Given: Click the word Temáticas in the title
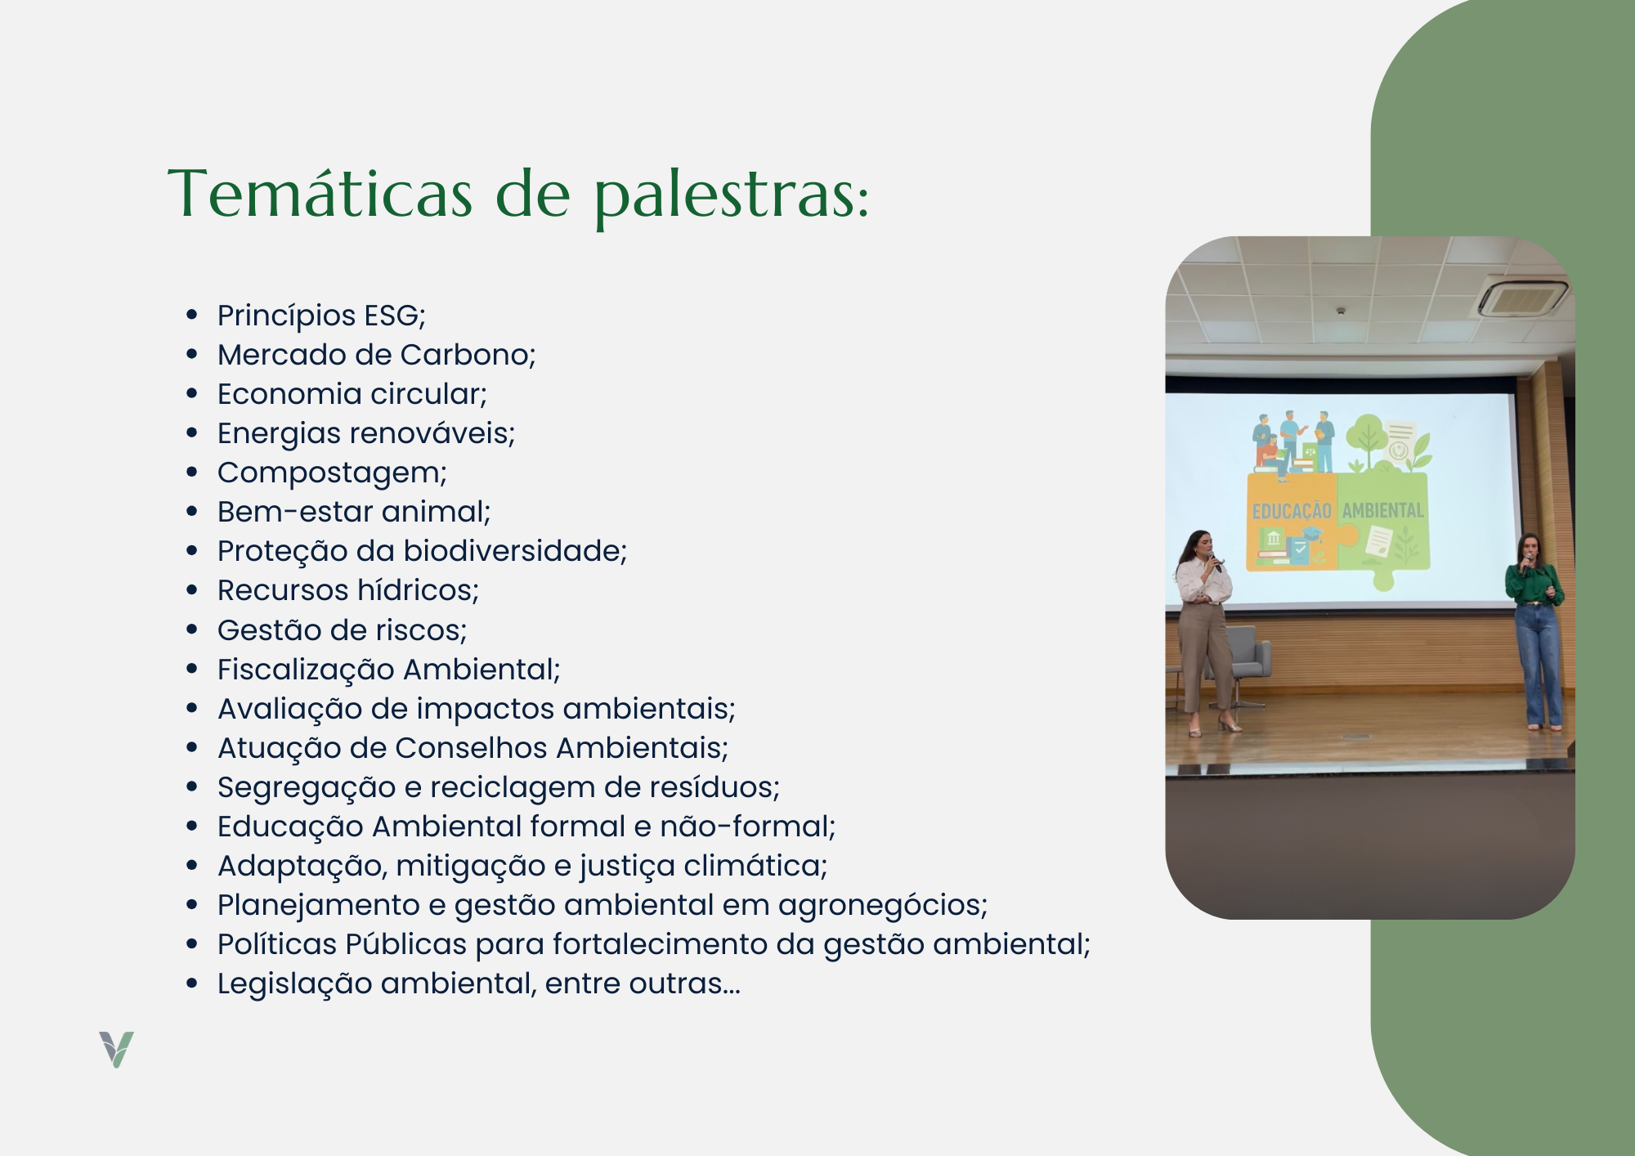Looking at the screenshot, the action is [320, 193].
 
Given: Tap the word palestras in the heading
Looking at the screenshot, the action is [732, 196].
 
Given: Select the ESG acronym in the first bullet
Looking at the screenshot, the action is [395, 316].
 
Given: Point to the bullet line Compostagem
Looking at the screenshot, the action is [332, 473].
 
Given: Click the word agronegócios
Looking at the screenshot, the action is [883, 906].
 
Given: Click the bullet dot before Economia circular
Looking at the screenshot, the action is [192, 394].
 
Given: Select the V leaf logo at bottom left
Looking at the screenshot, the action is [116, 1049].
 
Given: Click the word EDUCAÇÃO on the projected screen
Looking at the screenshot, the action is [1292, 511].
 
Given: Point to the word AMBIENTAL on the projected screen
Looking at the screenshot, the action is [1383, 510].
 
